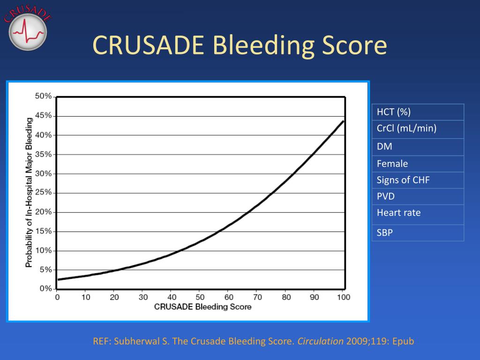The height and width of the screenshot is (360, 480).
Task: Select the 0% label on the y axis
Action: (45, 289)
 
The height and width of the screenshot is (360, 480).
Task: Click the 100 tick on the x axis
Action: (344, 297)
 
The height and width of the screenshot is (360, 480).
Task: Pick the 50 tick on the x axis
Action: (200, 297)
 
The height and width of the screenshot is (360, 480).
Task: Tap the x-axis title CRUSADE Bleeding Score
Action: (202, 307)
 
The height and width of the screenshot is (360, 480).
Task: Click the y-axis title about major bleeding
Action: (29, 193)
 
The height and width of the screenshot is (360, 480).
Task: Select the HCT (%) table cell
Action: (418, 112)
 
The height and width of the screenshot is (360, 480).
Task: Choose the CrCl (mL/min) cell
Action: (418, 129)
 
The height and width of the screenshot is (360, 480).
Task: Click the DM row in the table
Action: (418, 147)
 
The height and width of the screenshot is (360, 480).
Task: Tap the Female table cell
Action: (418, 164)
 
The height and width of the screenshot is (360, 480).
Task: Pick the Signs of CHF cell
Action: (418, 180)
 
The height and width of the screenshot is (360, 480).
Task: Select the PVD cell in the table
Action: (418, 196)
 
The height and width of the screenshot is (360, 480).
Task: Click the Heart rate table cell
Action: (418, 214)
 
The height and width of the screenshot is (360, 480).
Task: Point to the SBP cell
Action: (418, 232)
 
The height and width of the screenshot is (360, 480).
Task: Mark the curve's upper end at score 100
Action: (344, 121)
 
